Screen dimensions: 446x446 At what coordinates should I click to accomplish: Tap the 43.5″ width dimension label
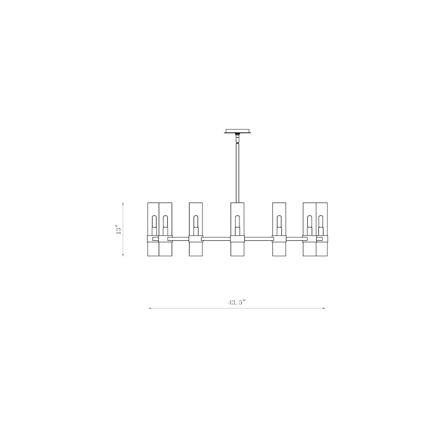pyautogui.click(x=237, y=302)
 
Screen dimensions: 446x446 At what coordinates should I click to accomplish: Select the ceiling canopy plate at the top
pyautogui.click(x=237, y=131)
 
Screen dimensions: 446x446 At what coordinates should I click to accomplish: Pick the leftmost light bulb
pyautogui.click(x=154, y=222)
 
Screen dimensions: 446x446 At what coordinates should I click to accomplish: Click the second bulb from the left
pyautogui.click(x=165, y=222)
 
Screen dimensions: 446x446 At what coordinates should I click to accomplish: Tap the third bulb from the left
pyautogui.click(x=195, y=222)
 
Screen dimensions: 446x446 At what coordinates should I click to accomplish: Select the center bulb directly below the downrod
pyautogui.click(x=237, y=222)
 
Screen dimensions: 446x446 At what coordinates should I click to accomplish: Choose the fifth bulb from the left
pyautogui.click(x=279, y=222)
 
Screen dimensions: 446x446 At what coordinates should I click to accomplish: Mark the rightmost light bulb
pyautogui.click(x=321, y=222)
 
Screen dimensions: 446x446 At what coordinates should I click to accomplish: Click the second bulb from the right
pyautogui.click(x=310, y=222)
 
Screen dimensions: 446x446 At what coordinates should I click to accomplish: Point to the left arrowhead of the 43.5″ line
pyautogui.click(x=150, y=308)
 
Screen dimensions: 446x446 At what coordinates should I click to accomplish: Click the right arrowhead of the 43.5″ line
pyautogui.click(x=324, y=308)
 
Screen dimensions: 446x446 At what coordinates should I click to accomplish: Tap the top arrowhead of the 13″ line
pyautogui.click(x=123, y=203)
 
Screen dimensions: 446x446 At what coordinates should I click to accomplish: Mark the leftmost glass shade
pyautogui.click(x=153, y=229)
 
